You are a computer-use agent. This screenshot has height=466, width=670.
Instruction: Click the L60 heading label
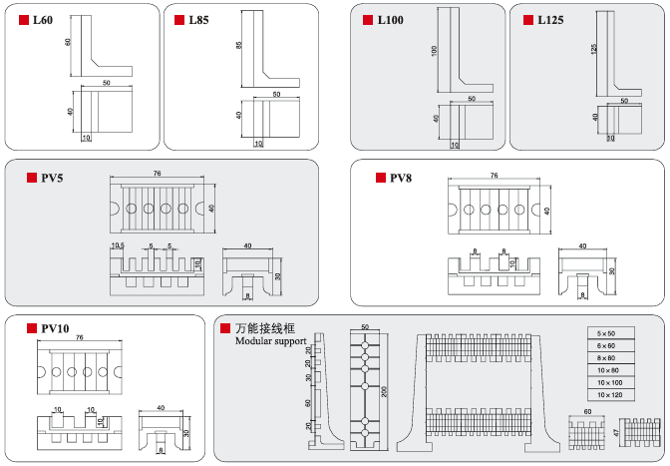(x=43, y=20)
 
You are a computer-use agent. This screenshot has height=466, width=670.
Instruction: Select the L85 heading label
(x=199, y=20)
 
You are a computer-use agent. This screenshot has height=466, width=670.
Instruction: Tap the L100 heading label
(x=391, y=20)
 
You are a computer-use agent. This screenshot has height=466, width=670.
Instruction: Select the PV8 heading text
(x=400, y=178)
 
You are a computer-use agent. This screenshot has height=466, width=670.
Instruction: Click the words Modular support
(x=270, y=341)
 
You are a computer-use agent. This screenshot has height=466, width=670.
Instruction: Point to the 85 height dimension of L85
(x=239, y=46)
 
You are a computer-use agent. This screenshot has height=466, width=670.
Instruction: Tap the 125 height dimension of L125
(x=594, y=49)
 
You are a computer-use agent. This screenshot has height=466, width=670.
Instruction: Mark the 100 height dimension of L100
(x=435, y=50)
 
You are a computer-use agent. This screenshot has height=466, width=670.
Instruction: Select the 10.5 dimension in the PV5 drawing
(x=118, y=245)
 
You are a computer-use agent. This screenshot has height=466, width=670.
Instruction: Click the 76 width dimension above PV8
(x=494, y=176)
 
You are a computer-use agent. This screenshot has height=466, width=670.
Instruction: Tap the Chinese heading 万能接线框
(x=265, y=327)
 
